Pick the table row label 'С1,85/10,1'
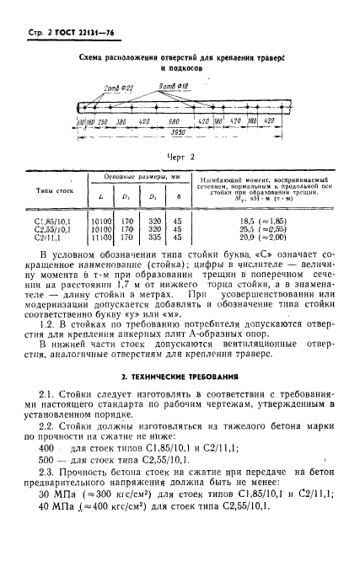click(x=56, y=217)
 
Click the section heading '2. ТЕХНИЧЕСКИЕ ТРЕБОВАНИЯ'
click(x=180, y=373)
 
